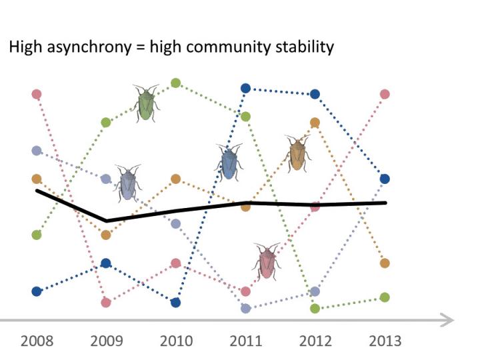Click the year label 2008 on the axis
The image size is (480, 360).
click(x=37, y=341)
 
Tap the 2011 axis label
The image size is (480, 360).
click(x=245, y=341)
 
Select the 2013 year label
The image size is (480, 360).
click(x=385, y=341)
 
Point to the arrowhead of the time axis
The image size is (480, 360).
click(x=448, y=321)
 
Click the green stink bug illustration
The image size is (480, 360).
click(x=146, y=103)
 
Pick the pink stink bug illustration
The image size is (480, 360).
click(x=267, y=261)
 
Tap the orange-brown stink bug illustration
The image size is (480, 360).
click(x=297, y=153)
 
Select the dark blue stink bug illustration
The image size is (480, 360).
click(x=229, y=162)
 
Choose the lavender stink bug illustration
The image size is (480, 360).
click(x=127, y=183)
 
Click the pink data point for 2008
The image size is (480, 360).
click(x=37, y=94)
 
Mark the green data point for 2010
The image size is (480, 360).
click(x=176, y=83)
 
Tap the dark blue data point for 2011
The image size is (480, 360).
click(x=245, y=88)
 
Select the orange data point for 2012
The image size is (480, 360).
click(x=315, y=122)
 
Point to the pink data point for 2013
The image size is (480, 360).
click(x=385, y=94)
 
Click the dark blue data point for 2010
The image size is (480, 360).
click(x=176, y=302)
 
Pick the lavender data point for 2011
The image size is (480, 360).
click(x=245, y=308)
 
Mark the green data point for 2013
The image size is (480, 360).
click(x=385, y=297)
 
